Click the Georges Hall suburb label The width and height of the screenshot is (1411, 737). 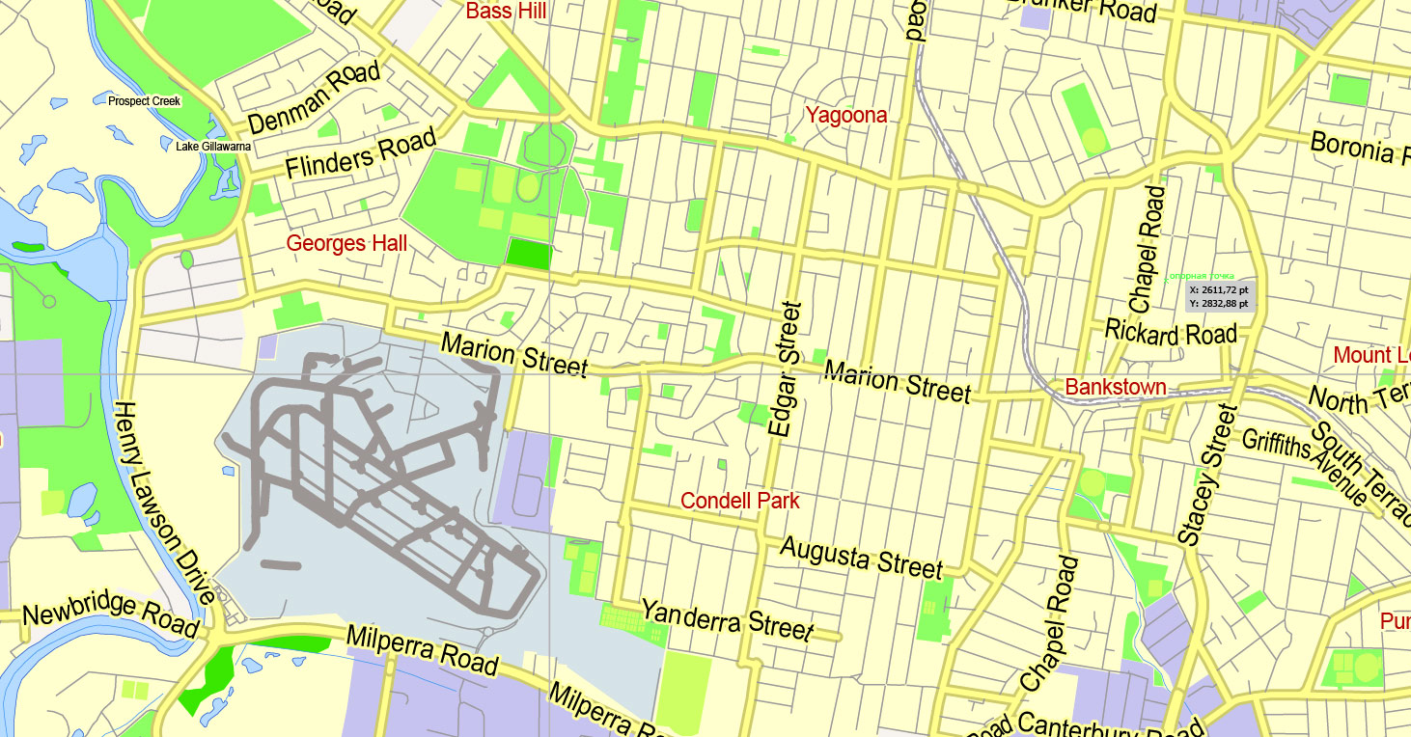pos(346,243)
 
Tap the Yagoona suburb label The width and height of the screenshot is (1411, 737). pos(845,116)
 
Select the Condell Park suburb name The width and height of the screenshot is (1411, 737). pos(739,501)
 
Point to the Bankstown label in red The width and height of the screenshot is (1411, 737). pos(1115,388)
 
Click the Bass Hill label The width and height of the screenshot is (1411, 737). pos(506,12)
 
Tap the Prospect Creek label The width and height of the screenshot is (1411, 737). pos(144,100)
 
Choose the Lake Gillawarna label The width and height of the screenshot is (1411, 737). pos(213,147)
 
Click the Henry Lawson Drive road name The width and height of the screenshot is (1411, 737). pos(162,503)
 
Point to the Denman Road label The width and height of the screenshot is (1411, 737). pos(314,98)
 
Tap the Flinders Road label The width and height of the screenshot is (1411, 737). pos(360,154)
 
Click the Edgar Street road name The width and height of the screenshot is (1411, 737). pos(786,369)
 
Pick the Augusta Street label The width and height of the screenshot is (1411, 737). pos(860,557)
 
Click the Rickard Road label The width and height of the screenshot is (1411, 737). pos(1170,334)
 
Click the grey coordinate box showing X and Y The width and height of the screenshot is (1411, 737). pos(1220,296)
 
